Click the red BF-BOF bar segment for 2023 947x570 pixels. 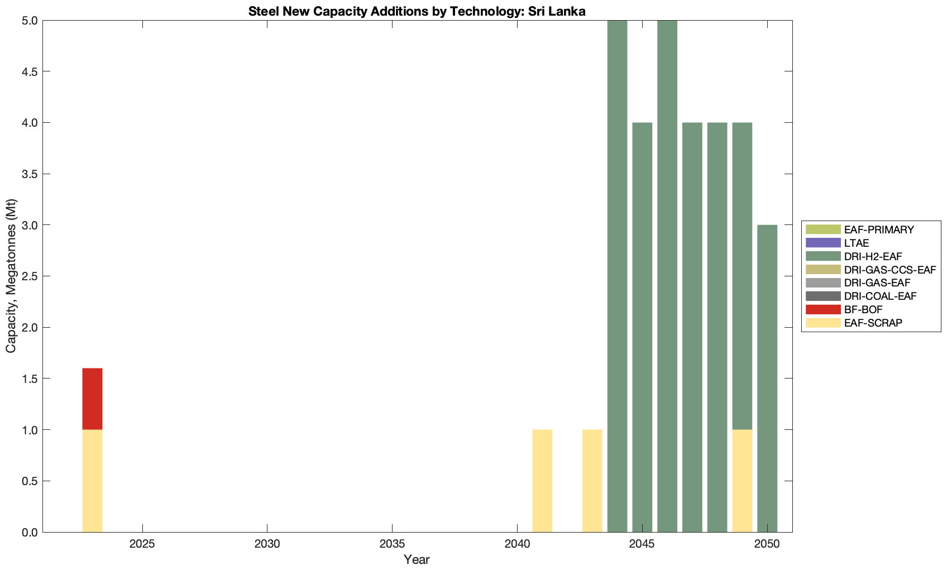pos(92,399)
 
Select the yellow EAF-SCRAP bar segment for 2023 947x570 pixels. pos(92,481)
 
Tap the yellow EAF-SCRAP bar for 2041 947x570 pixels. pos(542,481)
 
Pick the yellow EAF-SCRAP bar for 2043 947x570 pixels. pos(592,481)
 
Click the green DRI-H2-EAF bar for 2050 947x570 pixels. pos(767,379)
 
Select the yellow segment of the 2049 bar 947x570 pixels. pos(742,481)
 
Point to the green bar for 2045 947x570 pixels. pos(642,327)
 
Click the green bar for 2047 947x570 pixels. pos(692,327)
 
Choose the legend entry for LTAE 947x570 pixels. pos(857,243)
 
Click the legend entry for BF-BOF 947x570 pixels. pos(863,309)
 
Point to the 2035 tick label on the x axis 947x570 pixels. pos(392,544)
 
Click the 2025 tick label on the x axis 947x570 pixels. pos(142,544)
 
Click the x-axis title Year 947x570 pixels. pos(417,559)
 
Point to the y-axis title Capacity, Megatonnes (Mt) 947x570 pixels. pos(11,276)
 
